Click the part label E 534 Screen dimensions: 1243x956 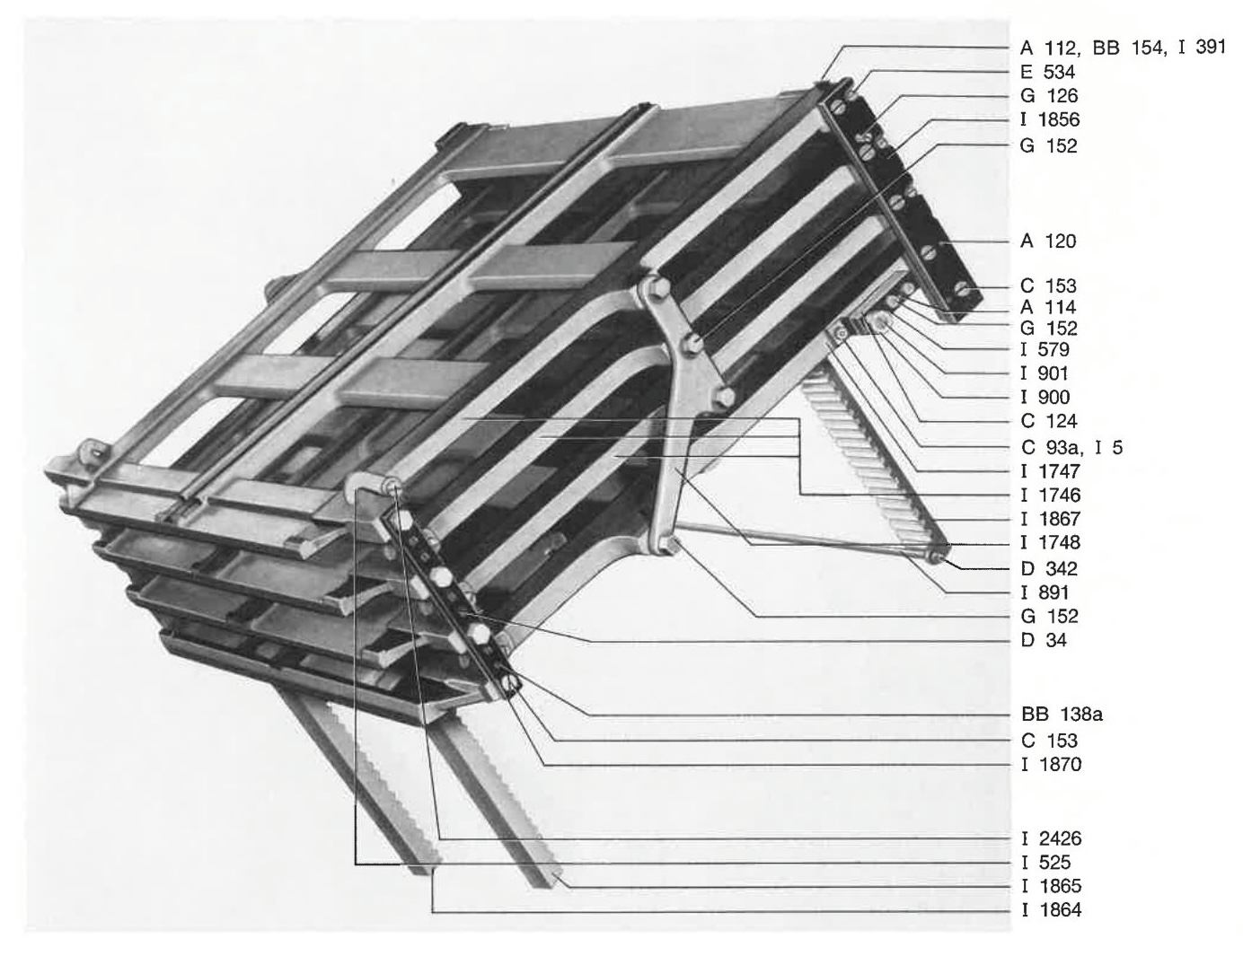pos(1047,72)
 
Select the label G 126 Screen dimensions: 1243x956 pos(1048,95)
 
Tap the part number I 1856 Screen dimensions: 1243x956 pos(1050,119)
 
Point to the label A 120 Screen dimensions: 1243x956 pos(1048,241)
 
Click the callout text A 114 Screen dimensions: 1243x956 pos(1048,307)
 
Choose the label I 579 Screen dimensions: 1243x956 pos(1045,349)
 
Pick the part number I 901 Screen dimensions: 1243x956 pos(1045,373)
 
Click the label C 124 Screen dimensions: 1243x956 pos(1048,421)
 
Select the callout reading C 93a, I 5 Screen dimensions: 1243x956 pos(1071,447)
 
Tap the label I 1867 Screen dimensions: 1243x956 pos(1051,519)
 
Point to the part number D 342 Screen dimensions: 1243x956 pos(1049,568)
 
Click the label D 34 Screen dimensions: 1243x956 pos(1044,640)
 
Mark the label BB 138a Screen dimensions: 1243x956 pos(1062,715)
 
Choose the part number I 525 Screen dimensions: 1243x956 pos(1045,863)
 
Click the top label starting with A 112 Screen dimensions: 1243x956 pos(1123,48)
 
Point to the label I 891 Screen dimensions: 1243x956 pos(1045,592)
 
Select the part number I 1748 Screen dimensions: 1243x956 pos(1051,542)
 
